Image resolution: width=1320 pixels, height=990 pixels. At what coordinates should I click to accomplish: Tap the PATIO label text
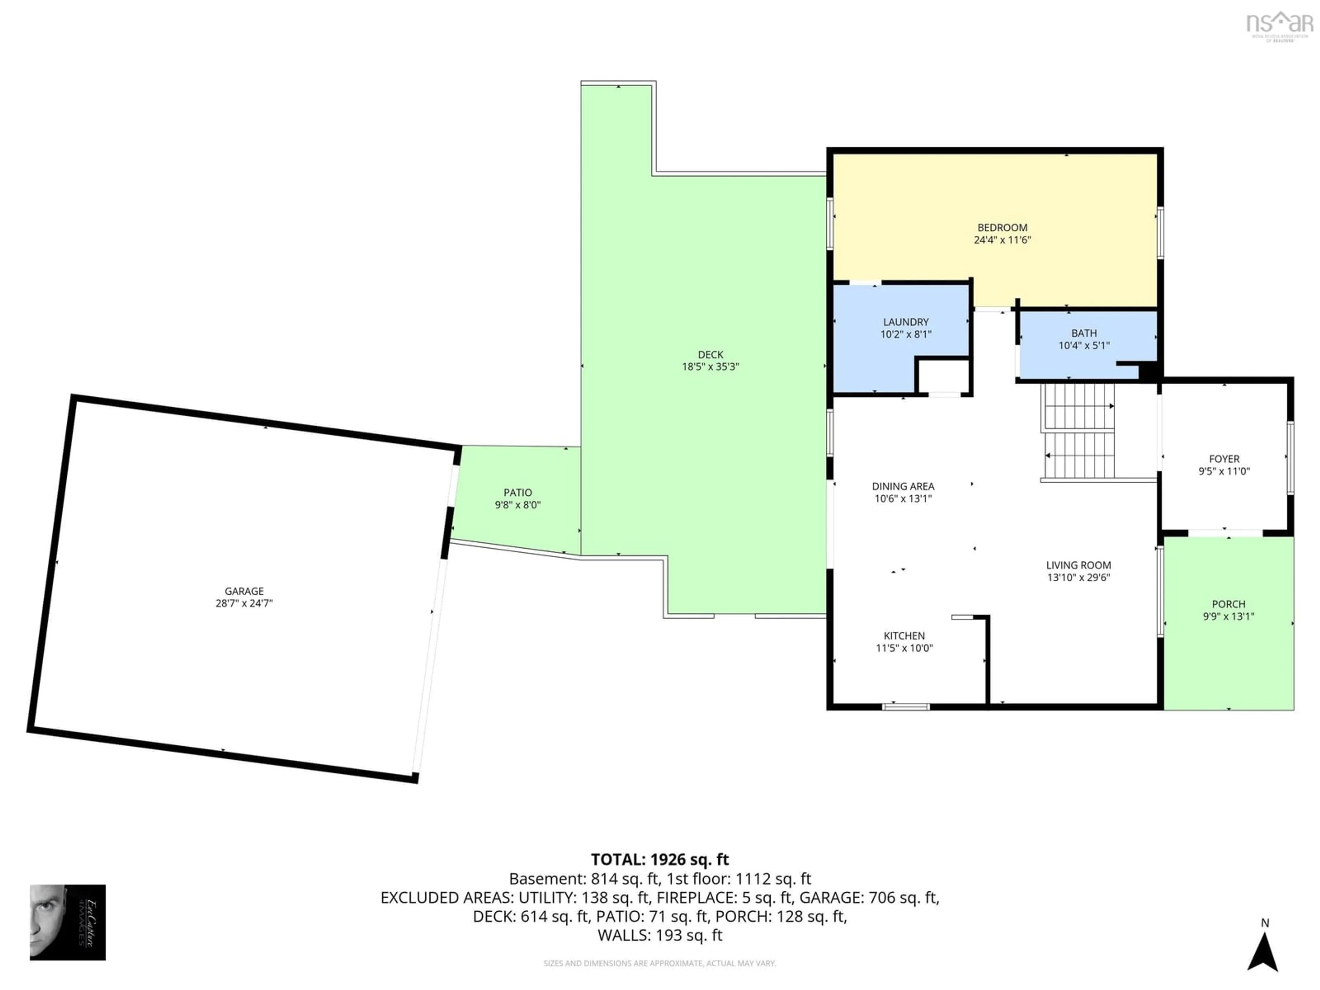click(x=517, y=492)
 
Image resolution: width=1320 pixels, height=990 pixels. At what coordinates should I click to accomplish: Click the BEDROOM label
click(x=1002, y=227)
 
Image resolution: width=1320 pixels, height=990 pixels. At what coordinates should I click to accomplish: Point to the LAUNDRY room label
click(x=906, y=322)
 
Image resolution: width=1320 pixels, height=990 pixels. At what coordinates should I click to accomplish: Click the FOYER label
click(x=1224, y=459)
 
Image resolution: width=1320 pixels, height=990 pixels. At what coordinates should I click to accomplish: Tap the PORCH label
click(x=1228, y=604)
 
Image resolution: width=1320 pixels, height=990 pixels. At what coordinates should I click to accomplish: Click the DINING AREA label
click(x=903, y=486)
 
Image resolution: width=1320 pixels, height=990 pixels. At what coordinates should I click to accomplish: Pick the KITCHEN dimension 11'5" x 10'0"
click(x=904, y=648)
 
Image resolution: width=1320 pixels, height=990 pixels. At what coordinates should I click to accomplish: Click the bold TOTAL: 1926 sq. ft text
click(x=659, y=859)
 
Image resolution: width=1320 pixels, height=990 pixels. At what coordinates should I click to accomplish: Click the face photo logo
click(x=67, y=922)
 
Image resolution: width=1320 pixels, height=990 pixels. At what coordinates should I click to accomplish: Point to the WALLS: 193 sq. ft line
click(x=659, y=935)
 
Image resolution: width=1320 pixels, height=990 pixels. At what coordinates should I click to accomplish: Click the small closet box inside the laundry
click(x=943, y=376)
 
